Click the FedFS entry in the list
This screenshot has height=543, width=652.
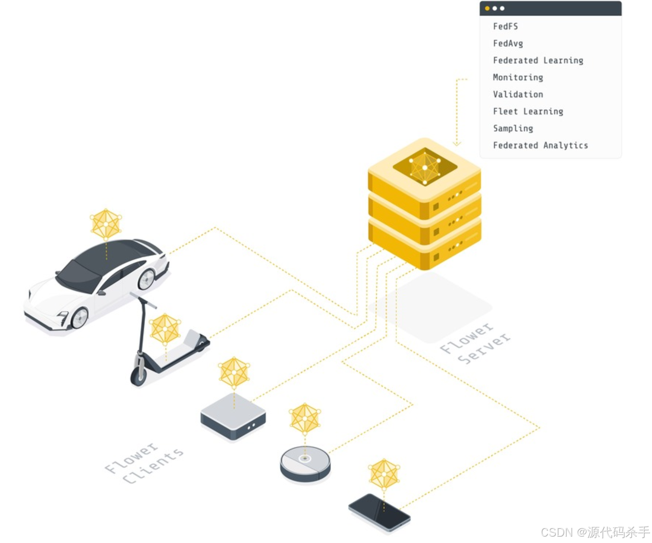[505, 26]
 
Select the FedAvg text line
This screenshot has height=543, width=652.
[508, 43]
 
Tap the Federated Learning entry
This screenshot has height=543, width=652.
[538, 60]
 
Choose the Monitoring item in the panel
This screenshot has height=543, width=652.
[518, 78]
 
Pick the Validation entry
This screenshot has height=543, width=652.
[518, 94]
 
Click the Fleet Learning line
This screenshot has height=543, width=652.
[528, 111]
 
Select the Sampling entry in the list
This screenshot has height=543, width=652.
[512, 128]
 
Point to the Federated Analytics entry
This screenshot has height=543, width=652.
[540, 145]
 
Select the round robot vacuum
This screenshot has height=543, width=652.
[305, 464]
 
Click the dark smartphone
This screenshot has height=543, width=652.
[379, 512]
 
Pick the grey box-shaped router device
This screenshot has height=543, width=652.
[233, 417]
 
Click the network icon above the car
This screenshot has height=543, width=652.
[106, 224]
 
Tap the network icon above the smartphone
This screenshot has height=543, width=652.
[384, 474]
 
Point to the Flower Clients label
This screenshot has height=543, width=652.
[144, 464]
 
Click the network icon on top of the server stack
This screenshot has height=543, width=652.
[425, 168]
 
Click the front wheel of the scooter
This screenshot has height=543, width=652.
[138, 375]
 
